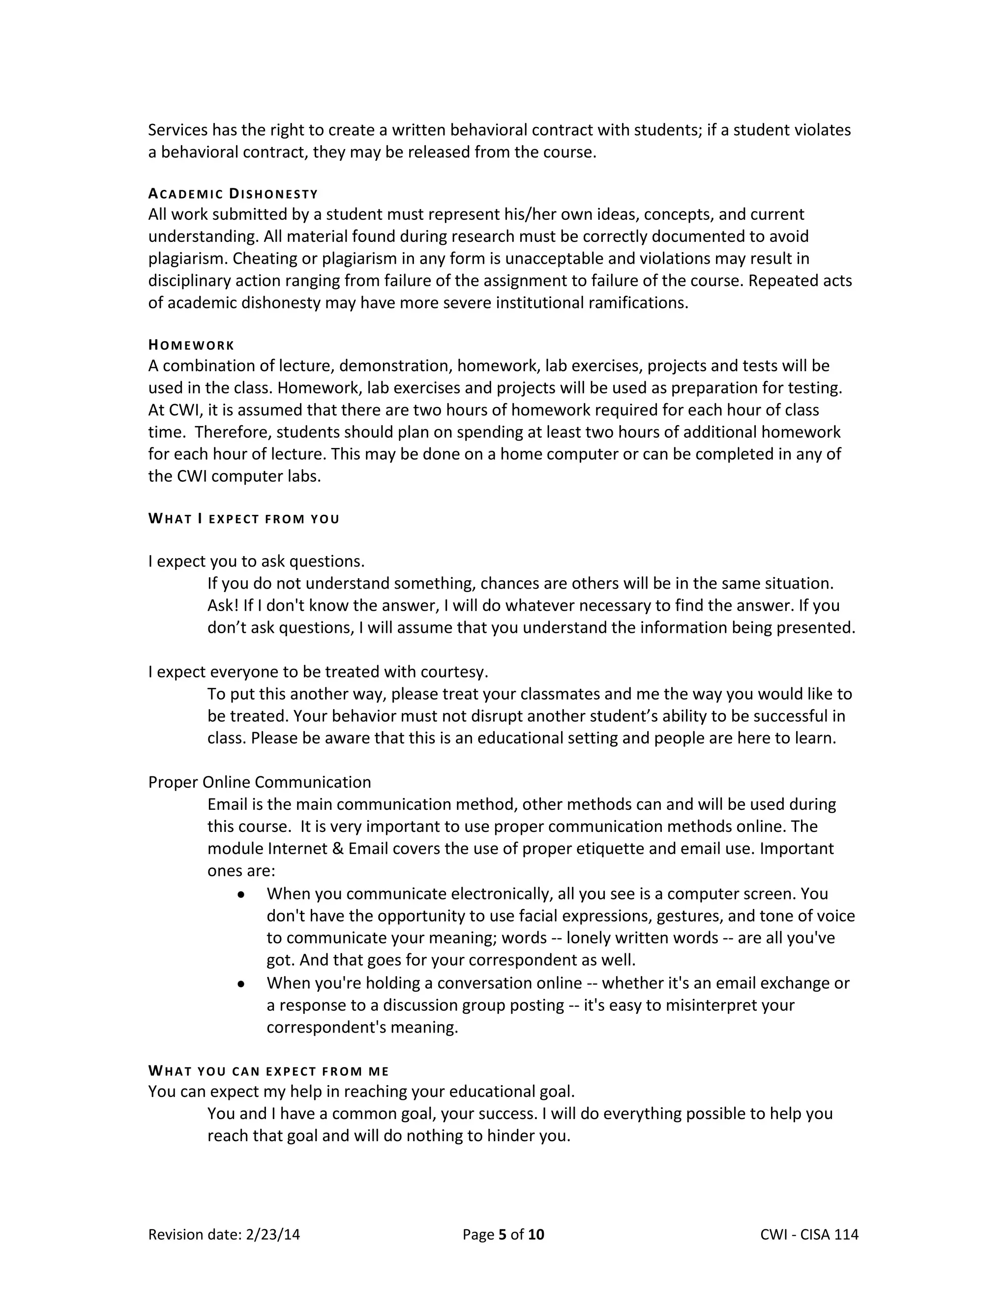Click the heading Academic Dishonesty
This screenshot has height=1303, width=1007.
coord(233,194)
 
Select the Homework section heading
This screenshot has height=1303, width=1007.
coord(191,346)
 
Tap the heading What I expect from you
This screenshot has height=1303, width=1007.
coord(243,519)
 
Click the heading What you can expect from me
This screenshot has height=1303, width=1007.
coord(268,1071)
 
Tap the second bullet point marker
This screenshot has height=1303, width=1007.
coord(241,984)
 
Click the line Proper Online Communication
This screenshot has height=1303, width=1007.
coord(260,782)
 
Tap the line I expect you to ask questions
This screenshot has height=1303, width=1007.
coord(257,562)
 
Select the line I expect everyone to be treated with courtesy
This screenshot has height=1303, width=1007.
coord(318,672)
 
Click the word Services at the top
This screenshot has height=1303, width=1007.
coord(177,130)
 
